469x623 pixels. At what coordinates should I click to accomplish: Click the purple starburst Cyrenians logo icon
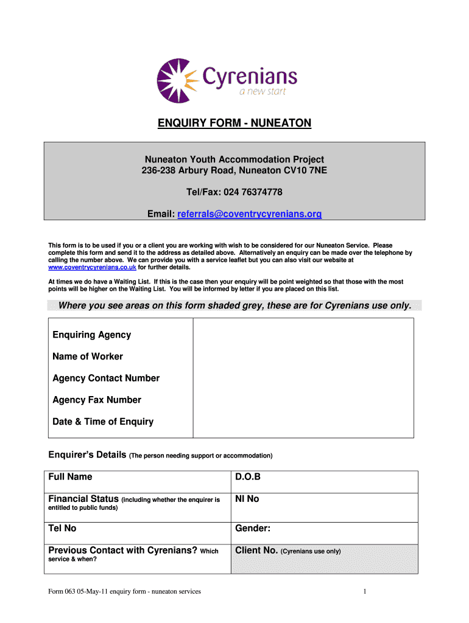tap(177, 81)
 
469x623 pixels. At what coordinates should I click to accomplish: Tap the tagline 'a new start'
tap(261, 92)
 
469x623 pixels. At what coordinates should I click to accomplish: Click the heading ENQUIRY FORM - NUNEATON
tap(234, 124)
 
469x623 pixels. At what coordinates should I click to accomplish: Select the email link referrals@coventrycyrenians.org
tap(250, 214)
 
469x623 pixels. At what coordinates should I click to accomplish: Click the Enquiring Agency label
tap(91, 335)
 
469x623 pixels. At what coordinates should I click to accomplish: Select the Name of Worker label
tap(88, 357)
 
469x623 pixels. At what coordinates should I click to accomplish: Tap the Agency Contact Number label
tap(106, 378)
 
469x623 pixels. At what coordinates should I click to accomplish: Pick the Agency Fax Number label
tap(97, 400)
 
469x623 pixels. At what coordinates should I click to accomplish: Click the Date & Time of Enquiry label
tap(103, 422)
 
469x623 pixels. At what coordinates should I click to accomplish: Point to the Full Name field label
tap(70, 477)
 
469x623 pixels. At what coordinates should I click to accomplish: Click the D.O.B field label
tap(248, 477)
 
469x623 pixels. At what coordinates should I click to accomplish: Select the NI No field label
tap(247, 499)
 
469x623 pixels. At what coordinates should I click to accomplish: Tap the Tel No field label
tap(62, 529)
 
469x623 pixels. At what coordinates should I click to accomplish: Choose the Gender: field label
tap(253, 529)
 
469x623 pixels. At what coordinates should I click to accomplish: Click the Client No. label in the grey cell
tap(256, 551)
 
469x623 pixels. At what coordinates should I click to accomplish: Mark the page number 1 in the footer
tap(364, 591)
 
